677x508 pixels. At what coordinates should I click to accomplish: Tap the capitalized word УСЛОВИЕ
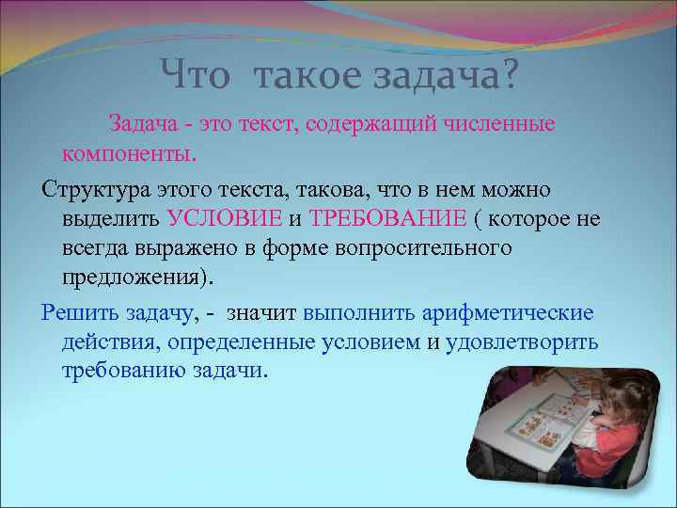224,219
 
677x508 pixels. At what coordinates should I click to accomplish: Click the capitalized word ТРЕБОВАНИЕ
387,219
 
